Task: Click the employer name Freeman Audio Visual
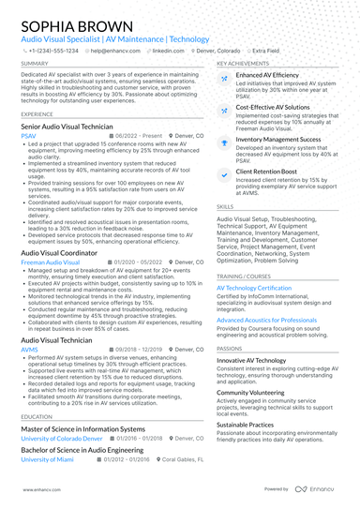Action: pyautogui.click(x=54, y=263)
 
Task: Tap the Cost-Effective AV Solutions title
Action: pyautogui.click(x=275, y=108)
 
